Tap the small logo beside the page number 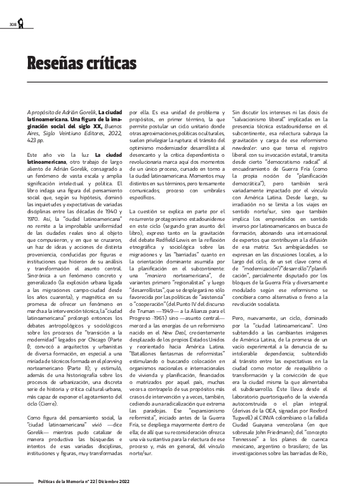[21, 23]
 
